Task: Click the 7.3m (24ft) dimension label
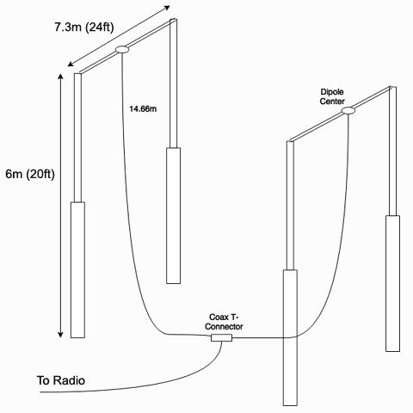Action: coord(84,28)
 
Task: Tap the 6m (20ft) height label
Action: coord(30,174)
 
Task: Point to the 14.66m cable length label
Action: coord(143,109)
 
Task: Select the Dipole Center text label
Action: coord(332,96)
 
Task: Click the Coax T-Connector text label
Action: coord(224,322)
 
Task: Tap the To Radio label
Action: coord(61,380)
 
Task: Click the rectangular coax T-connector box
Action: coord(221,338)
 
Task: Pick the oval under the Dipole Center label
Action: coord(348,110)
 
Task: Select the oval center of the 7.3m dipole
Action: coord(122,50)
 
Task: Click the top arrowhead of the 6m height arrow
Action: coord(60,76)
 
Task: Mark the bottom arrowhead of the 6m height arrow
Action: coord(60,335)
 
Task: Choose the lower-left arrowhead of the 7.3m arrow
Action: coord(71,64)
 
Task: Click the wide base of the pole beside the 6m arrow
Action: coord(77,270)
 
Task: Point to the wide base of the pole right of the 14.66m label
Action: coord(174,216)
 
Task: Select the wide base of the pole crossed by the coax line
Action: coord(290,338)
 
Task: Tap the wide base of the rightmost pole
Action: coord(392,283)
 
